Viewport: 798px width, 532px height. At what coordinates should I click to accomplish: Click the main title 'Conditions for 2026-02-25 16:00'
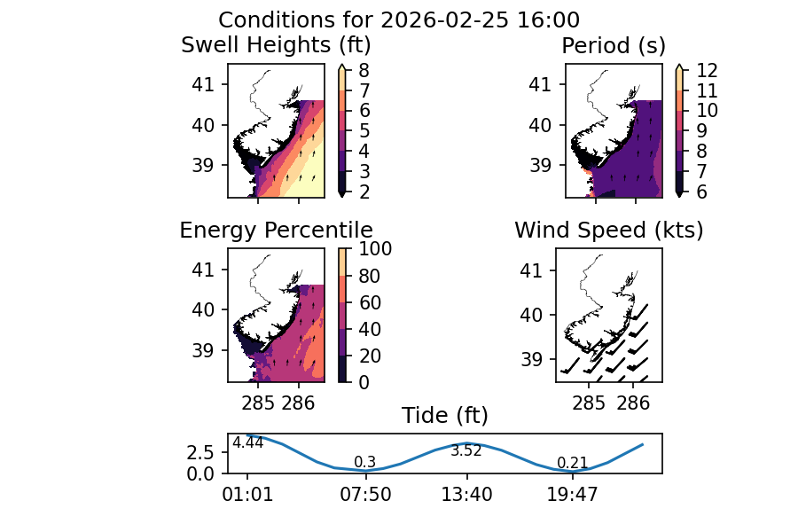pyautogui.click(x=399, y=20)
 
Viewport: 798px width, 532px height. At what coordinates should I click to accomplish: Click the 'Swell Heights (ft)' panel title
pyautogui.click(x=276, y=45)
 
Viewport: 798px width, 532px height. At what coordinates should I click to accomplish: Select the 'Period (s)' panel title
pyautogui.click(x=614, y=45)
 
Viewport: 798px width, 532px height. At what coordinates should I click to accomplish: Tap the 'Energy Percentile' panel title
pyautogui.click(x=276, y=231)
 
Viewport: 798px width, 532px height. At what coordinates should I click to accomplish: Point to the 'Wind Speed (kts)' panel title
pyautogui.click(x=609, y=231)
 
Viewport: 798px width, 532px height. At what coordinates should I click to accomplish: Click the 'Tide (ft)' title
pyautogui.click(x=445, y=416)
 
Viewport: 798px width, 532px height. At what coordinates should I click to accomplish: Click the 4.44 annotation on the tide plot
pyautogui.click(x=247, y=443)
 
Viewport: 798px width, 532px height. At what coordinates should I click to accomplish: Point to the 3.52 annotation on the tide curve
pyautogui.click(x=466, y=451)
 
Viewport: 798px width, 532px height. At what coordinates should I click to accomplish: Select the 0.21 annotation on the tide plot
pyautogui.click(x=573, y=463)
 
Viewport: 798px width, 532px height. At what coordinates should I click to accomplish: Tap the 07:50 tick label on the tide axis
pyautogui.click(x=366, y=495)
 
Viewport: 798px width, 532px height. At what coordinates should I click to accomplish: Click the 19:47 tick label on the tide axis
pyautogui.click(x=572, y=495)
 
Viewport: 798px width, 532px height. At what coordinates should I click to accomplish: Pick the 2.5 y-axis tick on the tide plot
pyautogui.click(x=201, y=452)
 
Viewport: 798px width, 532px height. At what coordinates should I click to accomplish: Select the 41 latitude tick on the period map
pyautogui.click(x=541, y=85)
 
